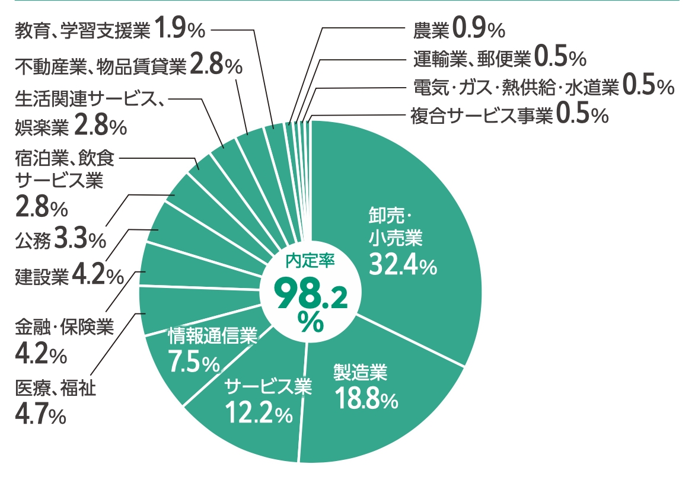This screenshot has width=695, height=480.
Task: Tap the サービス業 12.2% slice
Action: pos(261,427)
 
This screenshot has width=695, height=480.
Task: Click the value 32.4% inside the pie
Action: pos(403,264)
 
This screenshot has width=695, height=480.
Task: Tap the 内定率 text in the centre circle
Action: pos(311,261)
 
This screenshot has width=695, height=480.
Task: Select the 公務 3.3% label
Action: pos(59,239)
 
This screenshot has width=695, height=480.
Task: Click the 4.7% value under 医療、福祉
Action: pos(40,414)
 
